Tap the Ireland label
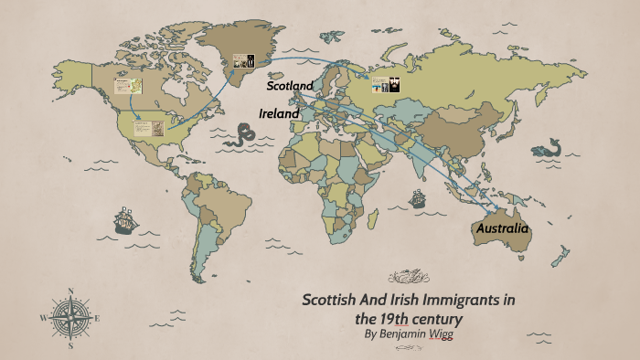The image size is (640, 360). coord(279,113)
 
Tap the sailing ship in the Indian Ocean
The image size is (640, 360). coord(418,197)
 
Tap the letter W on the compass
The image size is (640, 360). coord(43,318)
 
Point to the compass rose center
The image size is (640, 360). coord(70,318)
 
